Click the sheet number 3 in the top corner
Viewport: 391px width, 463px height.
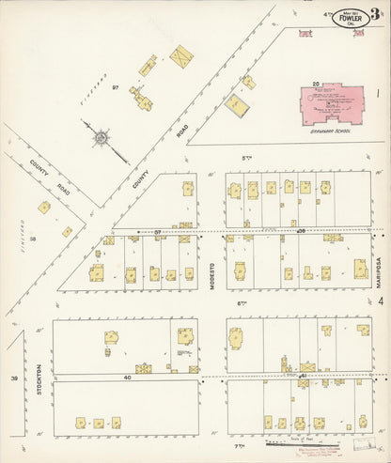pos(375,13)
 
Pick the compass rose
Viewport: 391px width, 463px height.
pos(99,139)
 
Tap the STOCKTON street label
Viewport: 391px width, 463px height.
pos(39,377)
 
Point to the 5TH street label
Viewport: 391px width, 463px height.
pos(248,155)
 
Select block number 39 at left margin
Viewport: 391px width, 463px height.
pos(14,378)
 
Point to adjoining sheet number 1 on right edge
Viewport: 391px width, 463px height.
pos(378,93)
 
